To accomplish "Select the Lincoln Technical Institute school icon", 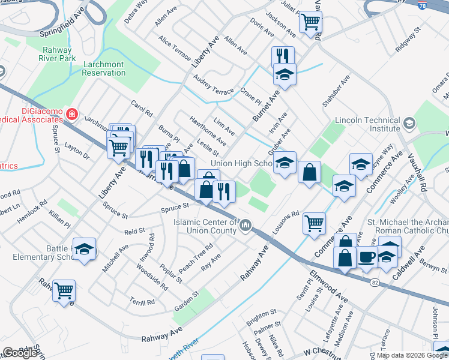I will pyautogui.click(x=409, y=124).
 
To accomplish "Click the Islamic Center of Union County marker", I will pyautogui.click(x=246, y=226).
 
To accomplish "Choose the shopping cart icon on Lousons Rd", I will pyautogui.click(x=314, y=223).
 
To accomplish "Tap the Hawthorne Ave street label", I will pyautogui.click(x=208, y=131).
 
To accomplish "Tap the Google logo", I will pyautogui.click(x=20, y=352).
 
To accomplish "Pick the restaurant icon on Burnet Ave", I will pyautogui.click(x=283, y=56).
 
